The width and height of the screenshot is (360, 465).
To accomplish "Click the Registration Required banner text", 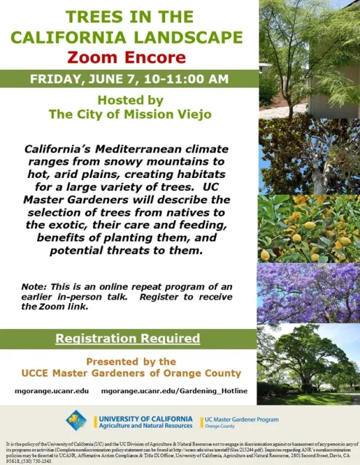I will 129,339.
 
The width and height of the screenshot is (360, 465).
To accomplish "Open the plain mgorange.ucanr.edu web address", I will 52,391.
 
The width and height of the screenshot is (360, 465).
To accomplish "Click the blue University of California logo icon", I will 76,421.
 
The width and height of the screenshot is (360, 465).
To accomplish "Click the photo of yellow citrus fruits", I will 309,229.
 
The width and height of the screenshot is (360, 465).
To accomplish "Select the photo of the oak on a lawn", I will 309,363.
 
